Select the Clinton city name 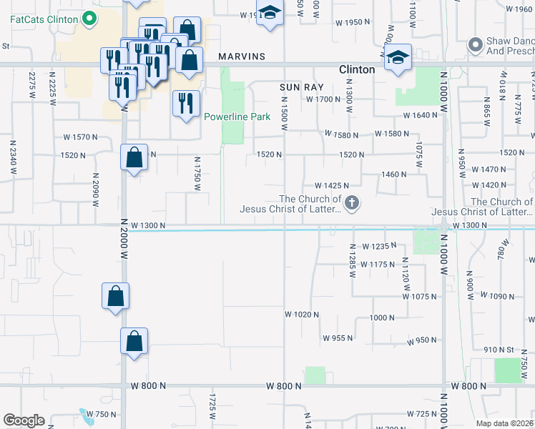(356, 69)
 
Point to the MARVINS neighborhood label (242, 56)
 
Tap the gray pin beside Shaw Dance (476, 44)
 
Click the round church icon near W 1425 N (351, 204)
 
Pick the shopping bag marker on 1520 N (134, 157)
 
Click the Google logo (24, 420)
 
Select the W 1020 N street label (301, 315)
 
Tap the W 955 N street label (338, 338)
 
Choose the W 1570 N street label (79, 137)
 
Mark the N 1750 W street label (197, 174)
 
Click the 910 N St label (499, 349)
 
